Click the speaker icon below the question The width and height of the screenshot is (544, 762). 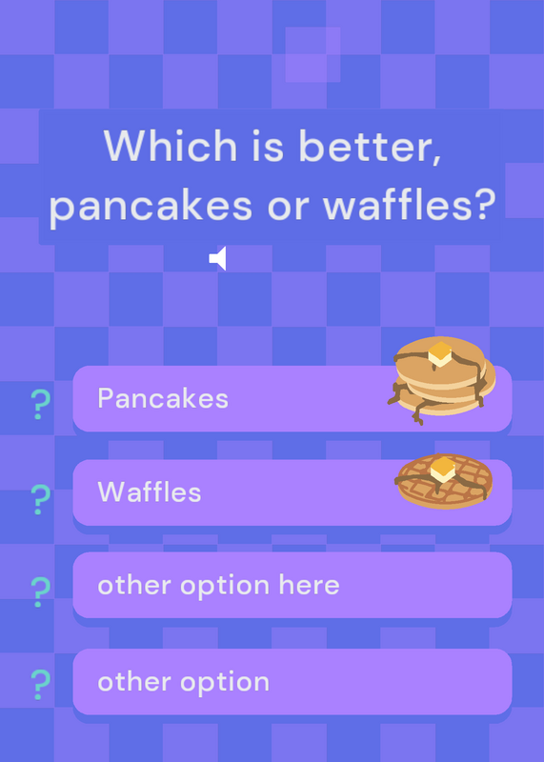(218, 258)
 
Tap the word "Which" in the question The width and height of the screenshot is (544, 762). (171, 146)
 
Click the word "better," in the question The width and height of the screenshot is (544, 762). (370, 146)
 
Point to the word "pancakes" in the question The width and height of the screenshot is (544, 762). (151, 206)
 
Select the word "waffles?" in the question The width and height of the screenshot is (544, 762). (410, 203)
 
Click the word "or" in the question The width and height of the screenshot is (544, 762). (288, 208)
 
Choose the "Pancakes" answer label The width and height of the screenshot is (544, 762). (163, 398)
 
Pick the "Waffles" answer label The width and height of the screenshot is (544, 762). (150, 491)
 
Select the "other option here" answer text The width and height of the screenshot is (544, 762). (218, 586)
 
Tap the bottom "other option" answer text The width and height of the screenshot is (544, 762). (183, 682)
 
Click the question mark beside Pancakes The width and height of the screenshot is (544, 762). (40, 404)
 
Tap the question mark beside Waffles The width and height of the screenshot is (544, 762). (40, 499)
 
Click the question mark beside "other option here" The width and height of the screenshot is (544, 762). (40, 592)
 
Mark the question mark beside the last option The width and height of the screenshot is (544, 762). (40, 684)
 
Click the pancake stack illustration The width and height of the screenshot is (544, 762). (441, 380)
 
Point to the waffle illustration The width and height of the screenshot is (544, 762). (444, 481)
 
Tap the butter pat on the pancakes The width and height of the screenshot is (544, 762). (440, 353)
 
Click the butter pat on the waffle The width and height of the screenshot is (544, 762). (443, 470)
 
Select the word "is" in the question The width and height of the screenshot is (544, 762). (268, 146)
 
